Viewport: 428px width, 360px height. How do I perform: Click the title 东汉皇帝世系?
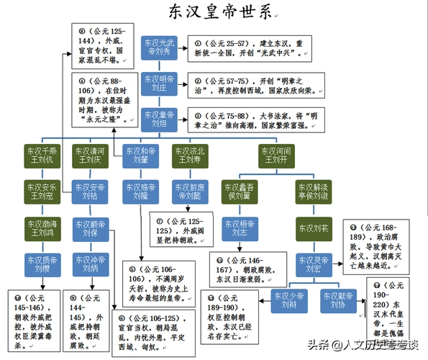[x=214, y=12]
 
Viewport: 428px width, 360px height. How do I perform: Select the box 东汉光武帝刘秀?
[x=159, y=48]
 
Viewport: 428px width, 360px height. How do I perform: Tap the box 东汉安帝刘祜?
[x=89, y=192]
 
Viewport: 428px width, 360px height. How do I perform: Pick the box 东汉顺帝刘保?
[x=89, y=226]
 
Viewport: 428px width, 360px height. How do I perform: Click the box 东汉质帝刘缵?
[x=42, y=261]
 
